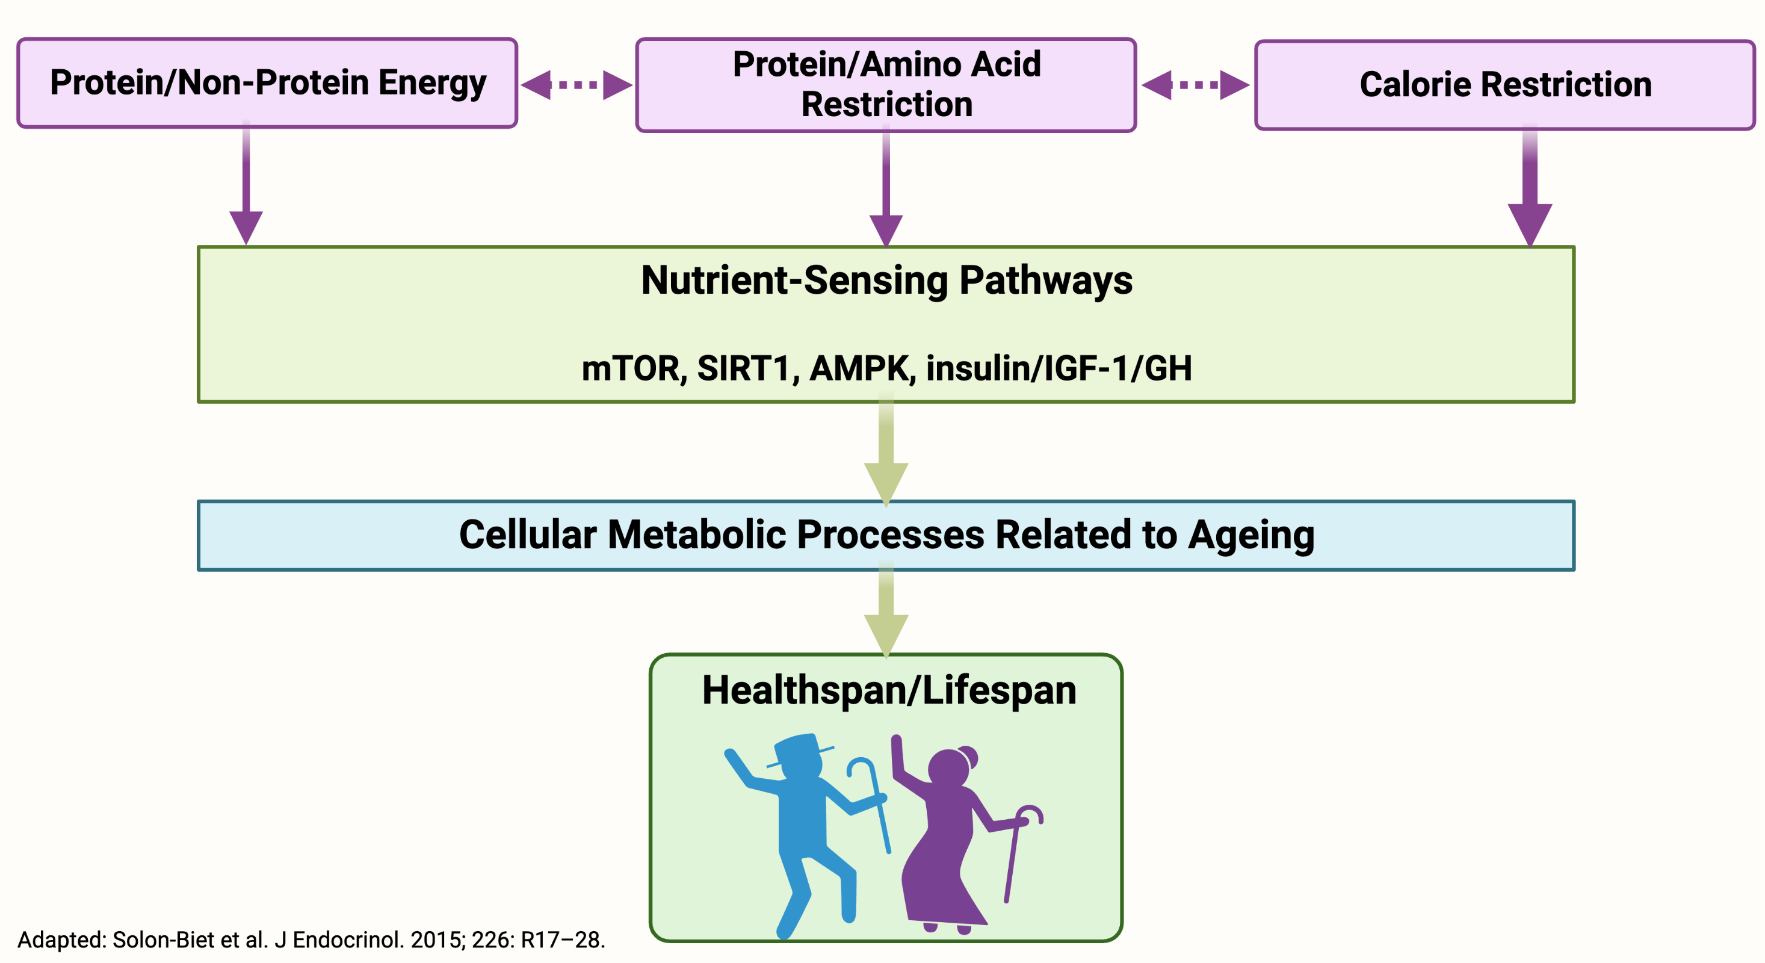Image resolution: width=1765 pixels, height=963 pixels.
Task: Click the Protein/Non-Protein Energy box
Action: [267, 83]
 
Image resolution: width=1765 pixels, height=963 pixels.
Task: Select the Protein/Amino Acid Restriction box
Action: [886, 84]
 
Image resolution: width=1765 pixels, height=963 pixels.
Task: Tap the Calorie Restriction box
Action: [1504, 85]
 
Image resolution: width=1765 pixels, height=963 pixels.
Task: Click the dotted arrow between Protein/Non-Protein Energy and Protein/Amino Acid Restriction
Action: [576, 85]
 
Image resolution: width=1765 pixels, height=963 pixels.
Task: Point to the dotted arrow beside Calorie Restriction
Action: [1196, 85]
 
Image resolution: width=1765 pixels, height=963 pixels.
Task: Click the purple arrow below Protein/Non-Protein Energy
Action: [246, 182]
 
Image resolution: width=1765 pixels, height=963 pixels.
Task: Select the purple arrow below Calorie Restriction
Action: [1530, 185]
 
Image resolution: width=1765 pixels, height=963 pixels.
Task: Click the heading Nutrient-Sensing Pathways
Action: [886, 281]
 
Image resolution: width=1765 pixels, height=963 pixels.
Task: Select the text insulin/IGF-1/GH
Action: [1059, 369]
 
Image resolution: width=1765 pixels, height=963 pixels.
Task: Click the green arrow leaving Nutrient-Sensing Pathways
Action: [886, 450]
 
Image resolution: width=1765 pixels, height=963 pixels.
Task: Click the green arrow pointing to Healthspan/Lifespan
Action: [886, 611]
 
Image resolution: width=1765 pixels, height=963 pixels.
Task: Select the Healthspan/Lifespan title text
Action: [889, 691]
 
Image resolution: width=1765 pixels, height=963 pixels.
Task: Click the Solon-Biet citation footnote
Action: [311, 940]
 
